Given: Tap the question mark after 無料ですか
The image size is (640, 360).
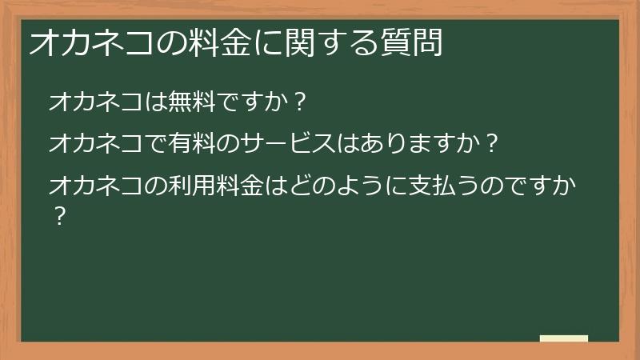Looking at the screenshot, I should click(298, 103).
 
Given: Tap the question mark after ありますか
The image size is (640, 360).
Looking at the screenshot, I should click(491, 145).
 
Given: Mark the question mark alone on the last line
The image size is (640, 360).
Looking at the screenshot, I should click(58, 216).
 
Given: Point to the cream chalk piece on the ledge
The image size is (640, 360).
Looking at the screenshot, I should click(564, 338).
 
